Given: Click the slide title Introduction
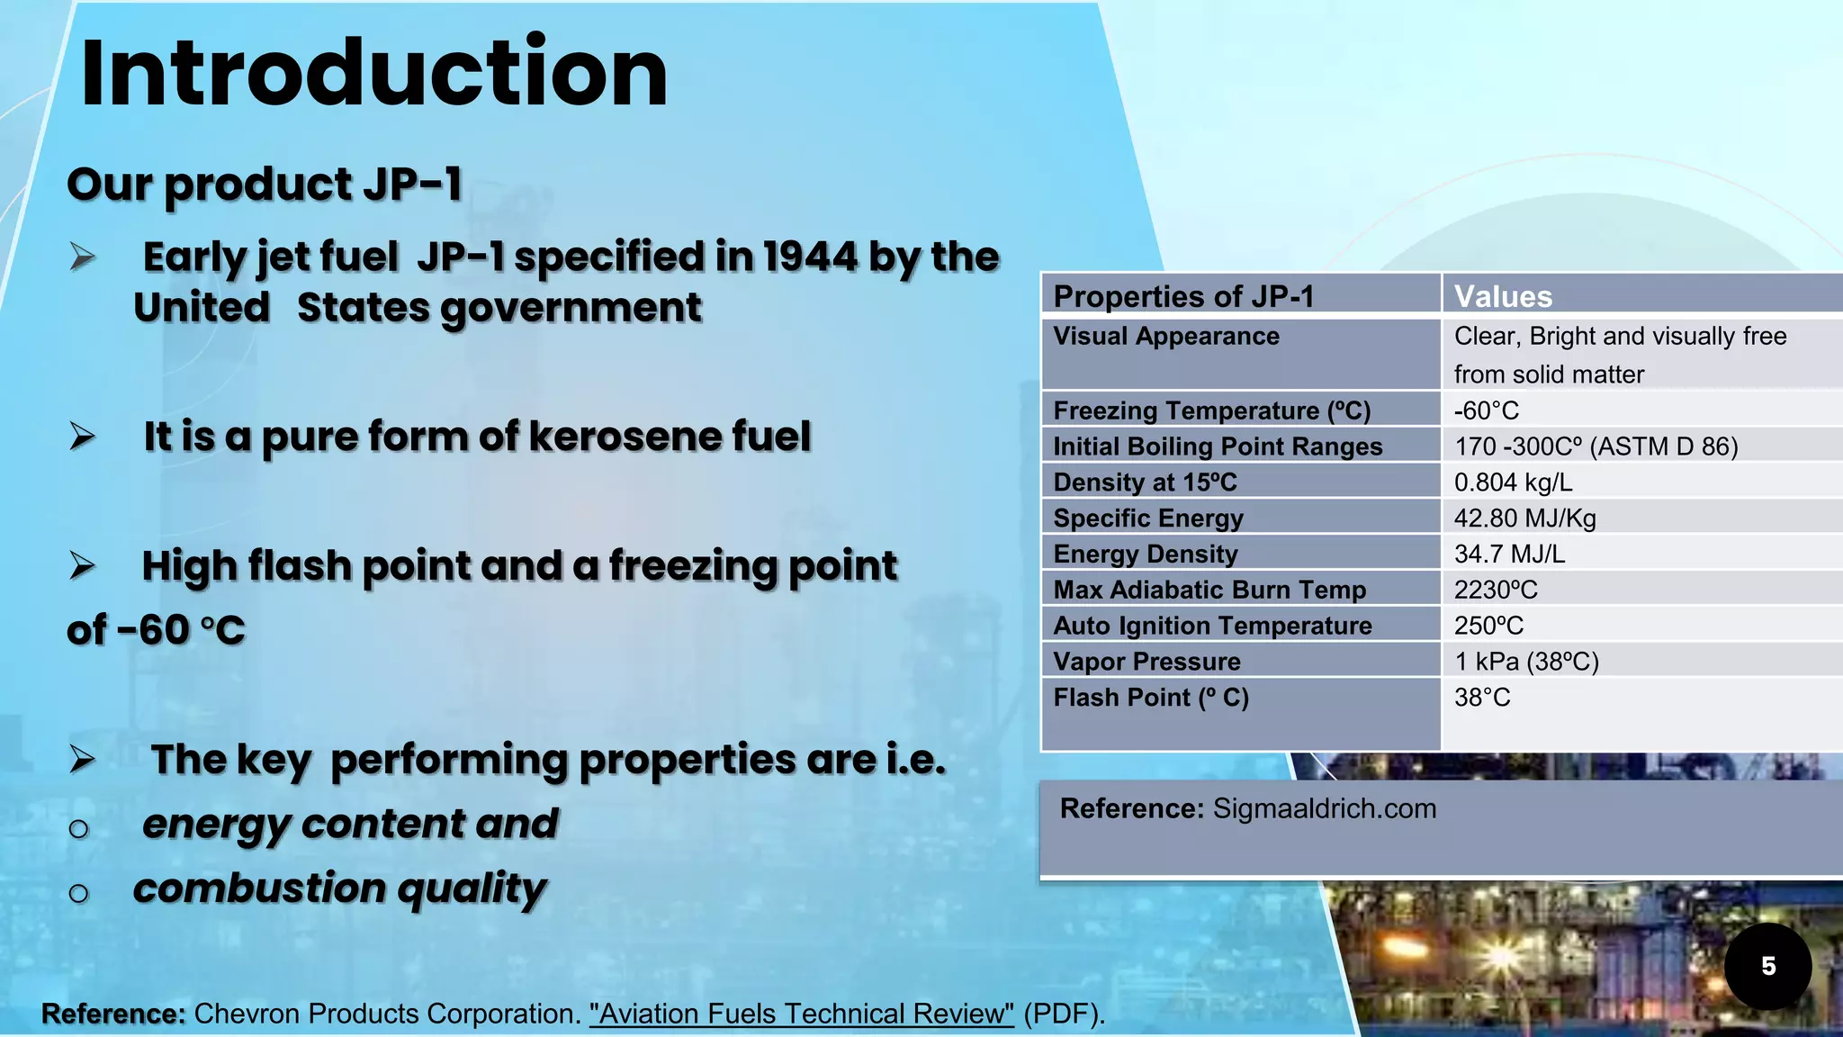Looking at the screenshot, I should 373,74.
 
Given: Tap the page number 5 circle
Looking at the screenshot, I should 1767,966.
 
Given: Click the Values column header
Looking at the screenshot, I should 1503,296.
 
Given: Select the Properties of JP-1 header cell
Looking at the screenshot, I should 1183,296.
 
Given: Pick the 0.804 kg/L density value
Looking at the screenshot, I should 1513,482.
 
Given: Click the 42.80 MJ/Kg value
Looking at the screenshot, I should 1524,518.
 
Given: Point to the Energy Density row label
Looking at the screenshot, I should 1146,554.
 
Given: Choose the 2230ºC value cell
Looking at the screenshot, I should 1496,590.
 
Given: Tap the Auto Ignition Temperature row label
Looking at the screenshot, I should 1212,626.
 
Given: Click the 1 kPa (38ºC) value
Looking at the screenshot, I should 1526,662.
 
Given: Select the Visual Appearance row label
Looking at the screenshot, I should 1166,336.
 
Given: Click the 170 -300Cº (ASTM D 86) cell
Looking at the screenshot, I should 1596,446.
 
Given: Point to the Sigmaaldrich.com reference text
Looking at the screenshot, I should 1324,808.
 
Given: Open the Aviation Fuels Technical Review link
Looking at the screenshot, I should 801,1014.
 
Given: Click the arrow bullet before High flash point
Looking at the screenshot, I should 83,565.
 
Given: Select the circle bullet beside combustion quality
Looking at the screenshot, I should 79,892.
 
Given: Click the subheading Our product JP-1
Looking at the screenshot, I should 265,185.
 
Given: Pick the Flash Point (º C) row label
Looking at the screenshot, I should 1151,698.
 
